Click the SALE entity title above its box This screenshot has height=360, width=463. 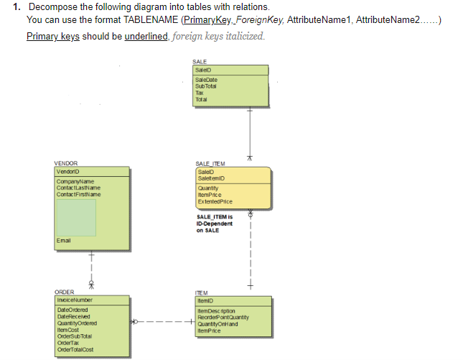click(x=200, y=63)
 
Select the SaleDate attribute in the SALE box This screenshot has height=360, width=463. click(x=206, y=80)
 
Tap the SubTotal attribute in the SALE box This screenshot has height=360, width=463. click(x=205, y=86)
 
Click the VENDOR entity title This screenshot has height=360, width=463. click(x=66, y=163)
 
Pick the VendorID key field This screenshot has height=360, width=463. click(x=67, y=170)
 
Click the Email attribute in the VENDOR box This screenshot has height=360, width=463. click(x=64, y=239)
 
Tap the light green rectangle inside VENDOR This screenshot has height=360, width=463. click(x=76, y=217)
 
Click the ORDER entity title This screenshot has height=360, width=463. click(x=64, y=292)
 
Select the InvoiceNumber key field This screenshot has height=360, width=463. click(x=74, y=299)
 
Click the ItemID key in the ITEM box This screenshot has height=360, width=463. click(x=202, y=299)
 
